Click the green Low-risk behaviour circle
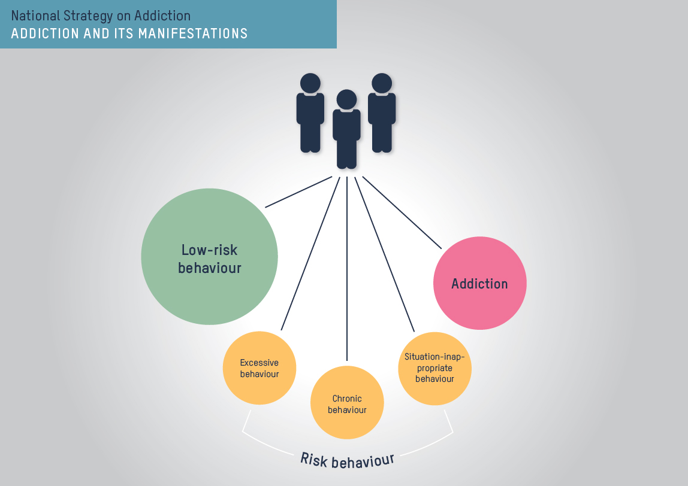pos(209,256)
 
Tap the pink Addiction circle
pos(479,283)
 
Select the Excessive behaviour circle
pos(259,368)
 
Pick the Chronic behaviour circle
pos(347,403)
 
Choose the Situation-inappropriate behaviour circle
pos(434,368)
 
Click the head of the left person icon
pos(310,83)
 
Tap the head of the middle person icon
pos(346,99)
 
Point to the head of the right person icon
pos(381,83)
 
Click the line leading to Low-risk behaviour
pos(298,192)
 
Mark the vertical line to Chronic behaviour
pos(347,269)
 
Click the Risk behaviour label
pos(347,461)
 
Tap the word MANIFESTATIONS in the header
pos(192,33)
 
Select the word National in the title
pos(35,15)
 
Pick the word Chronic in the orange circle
pos(347,399)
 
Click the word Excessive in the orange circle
pos(259,363)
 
